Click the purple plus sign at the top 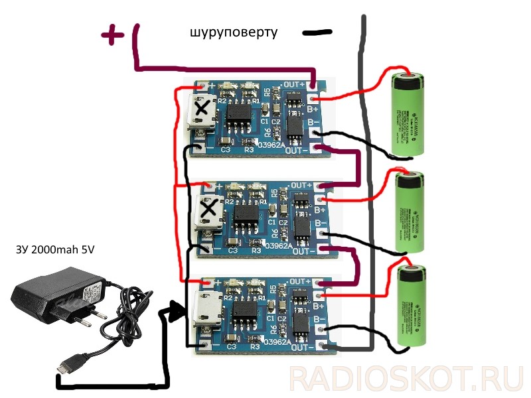coord(114,35)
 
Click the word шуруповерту coord(233,32)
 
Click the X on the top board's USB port coord(203,107)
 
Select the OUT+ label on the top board coord(293,84)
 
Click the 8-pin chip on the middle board coord(246,216)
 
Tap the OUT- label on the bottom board coord(301,346)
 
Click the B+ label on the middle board coord(319,209)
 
